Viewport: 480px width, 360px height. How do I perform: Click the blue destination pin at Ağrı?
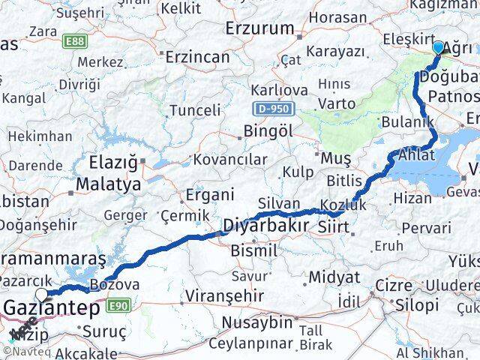coord(439,48)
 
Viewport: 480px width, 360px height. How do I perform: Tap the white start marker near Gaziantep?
coord(41,294)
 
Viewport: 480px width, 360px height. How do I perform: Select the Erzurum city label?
coord(260,28)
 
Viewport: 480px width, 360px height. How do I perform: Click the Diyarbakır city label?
coord(265,226)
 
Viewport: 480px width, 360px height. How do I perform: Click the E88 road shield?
coord(75,42)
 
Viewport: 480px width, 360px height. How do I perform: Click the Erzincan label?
coord(197,57)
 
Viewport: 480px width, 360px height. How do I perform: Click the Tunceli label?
coord(196,110)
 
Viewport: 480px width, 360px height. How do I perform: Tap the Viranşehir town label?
coord(221,293)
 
